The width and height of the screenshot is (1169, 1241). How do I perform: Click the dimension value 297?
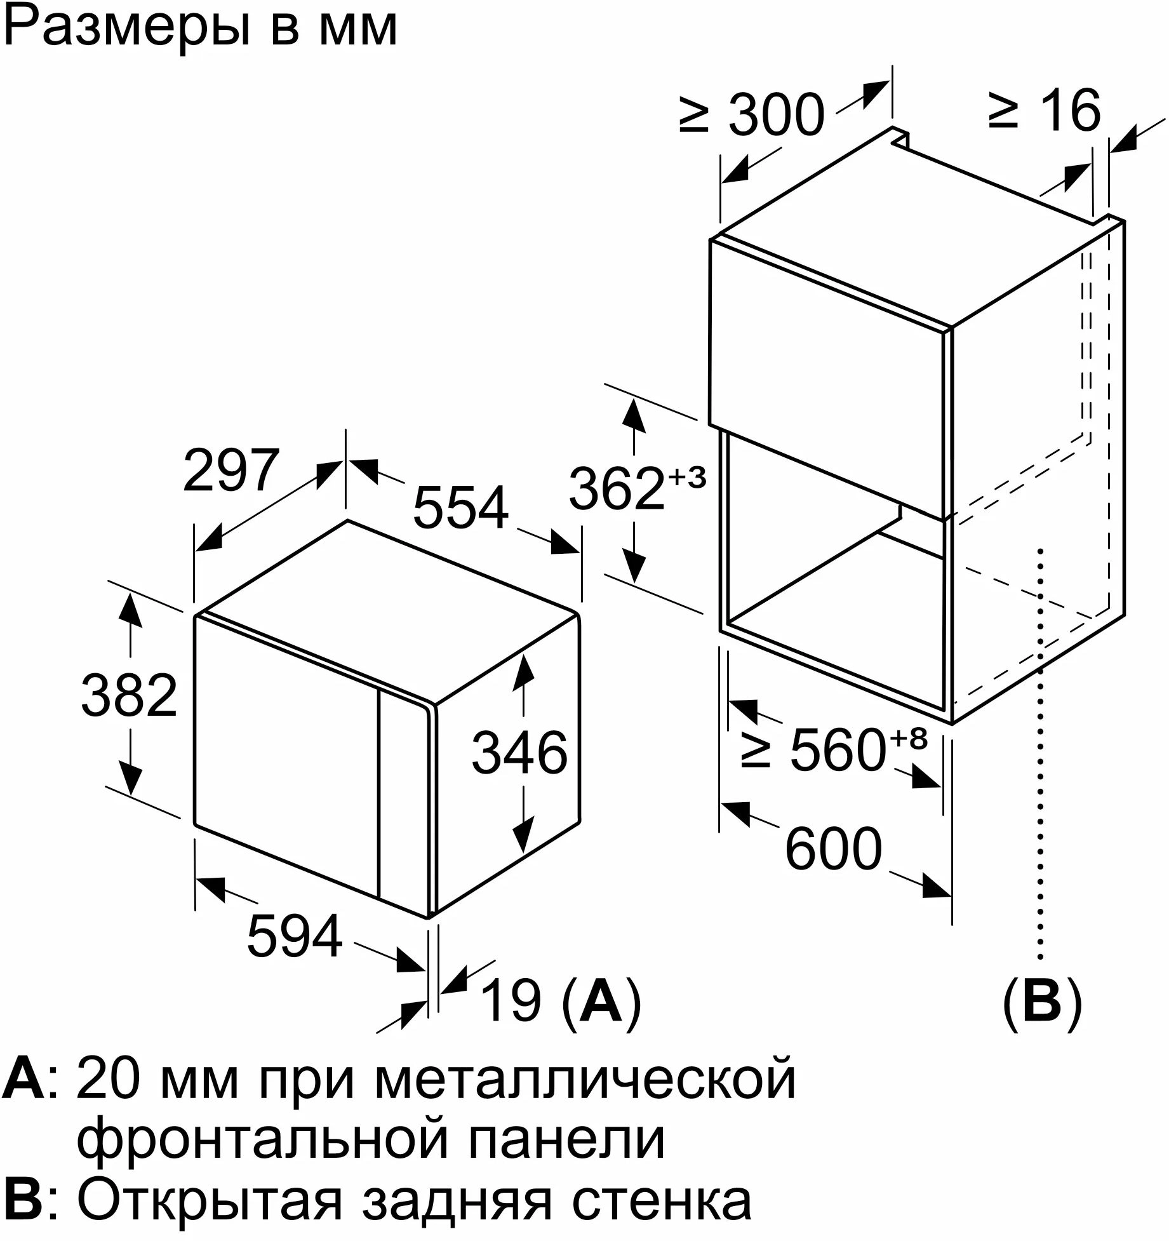click(231, 471)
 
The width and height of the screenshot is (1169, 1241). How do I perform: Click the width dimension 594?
click(295, 937)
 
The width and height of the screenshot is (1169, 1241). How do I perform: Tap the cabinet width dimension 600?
click(834, 849)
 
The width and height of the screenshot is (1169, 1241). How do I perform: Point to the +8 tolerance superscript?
click(909, 738)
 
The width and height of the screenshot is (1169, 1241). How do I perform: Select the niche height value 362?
click(617, 488)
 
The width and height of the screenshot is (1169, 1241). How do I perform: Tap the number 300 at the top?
click(776, 115)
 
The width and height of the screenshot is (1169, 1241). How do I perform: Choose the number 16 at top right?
click(1068, 111)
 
